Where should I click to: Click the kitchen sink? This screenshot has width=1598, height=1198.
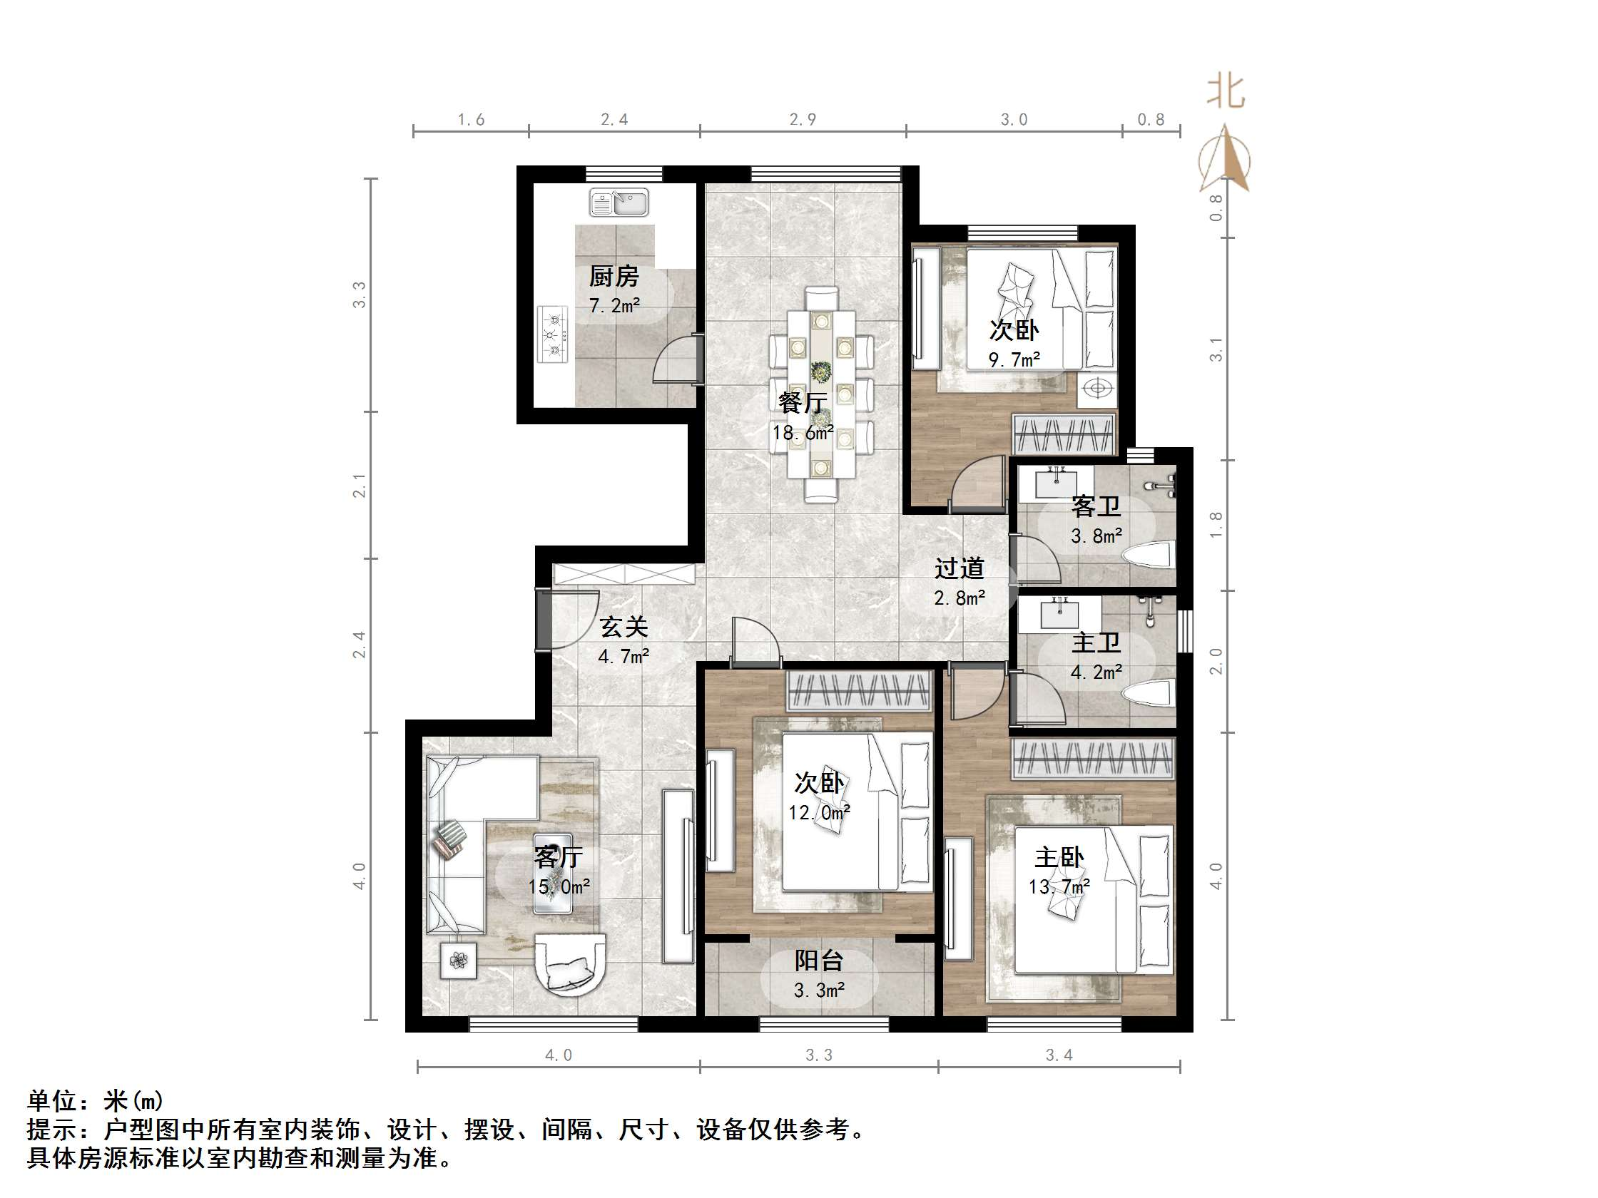click(619, 203)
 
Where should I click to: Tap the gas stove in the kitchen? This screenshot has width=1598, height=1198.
click(554, 334)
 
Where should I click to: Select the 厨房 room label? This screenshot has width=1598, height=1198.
click(614, 276)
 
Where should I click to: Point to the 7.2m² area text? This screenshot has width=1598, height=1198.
click(614, 305)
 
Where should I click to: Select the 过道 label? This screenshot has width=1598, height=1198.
click(960, 568)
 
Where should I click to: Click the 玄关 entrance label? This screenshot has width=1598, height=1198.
click(624, 627)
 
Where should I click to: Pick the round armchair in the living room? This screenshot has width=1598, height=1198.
click(570, 964)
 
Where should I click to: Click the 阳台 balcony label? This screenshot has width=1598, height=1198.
click(819, 960)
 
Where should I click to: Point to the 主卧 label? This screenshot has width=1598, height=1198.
click(1059, 857)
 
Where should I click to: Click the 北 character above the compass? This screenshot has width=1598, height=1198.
click(1226, 92)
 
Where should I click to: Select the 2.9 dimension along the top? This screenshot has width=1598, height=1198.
click(803, 120)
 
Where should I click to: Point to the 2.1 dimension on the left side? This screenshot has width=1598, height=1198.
click(360, 486)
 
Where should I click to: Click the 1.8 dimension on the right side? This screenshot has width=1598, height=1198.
click(1216, 524)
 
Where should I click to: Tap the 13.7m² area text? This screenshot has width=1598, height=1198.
click(1059, 886)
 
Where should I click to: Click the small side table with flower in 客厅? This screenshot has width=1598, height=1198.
click(459, 961)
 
